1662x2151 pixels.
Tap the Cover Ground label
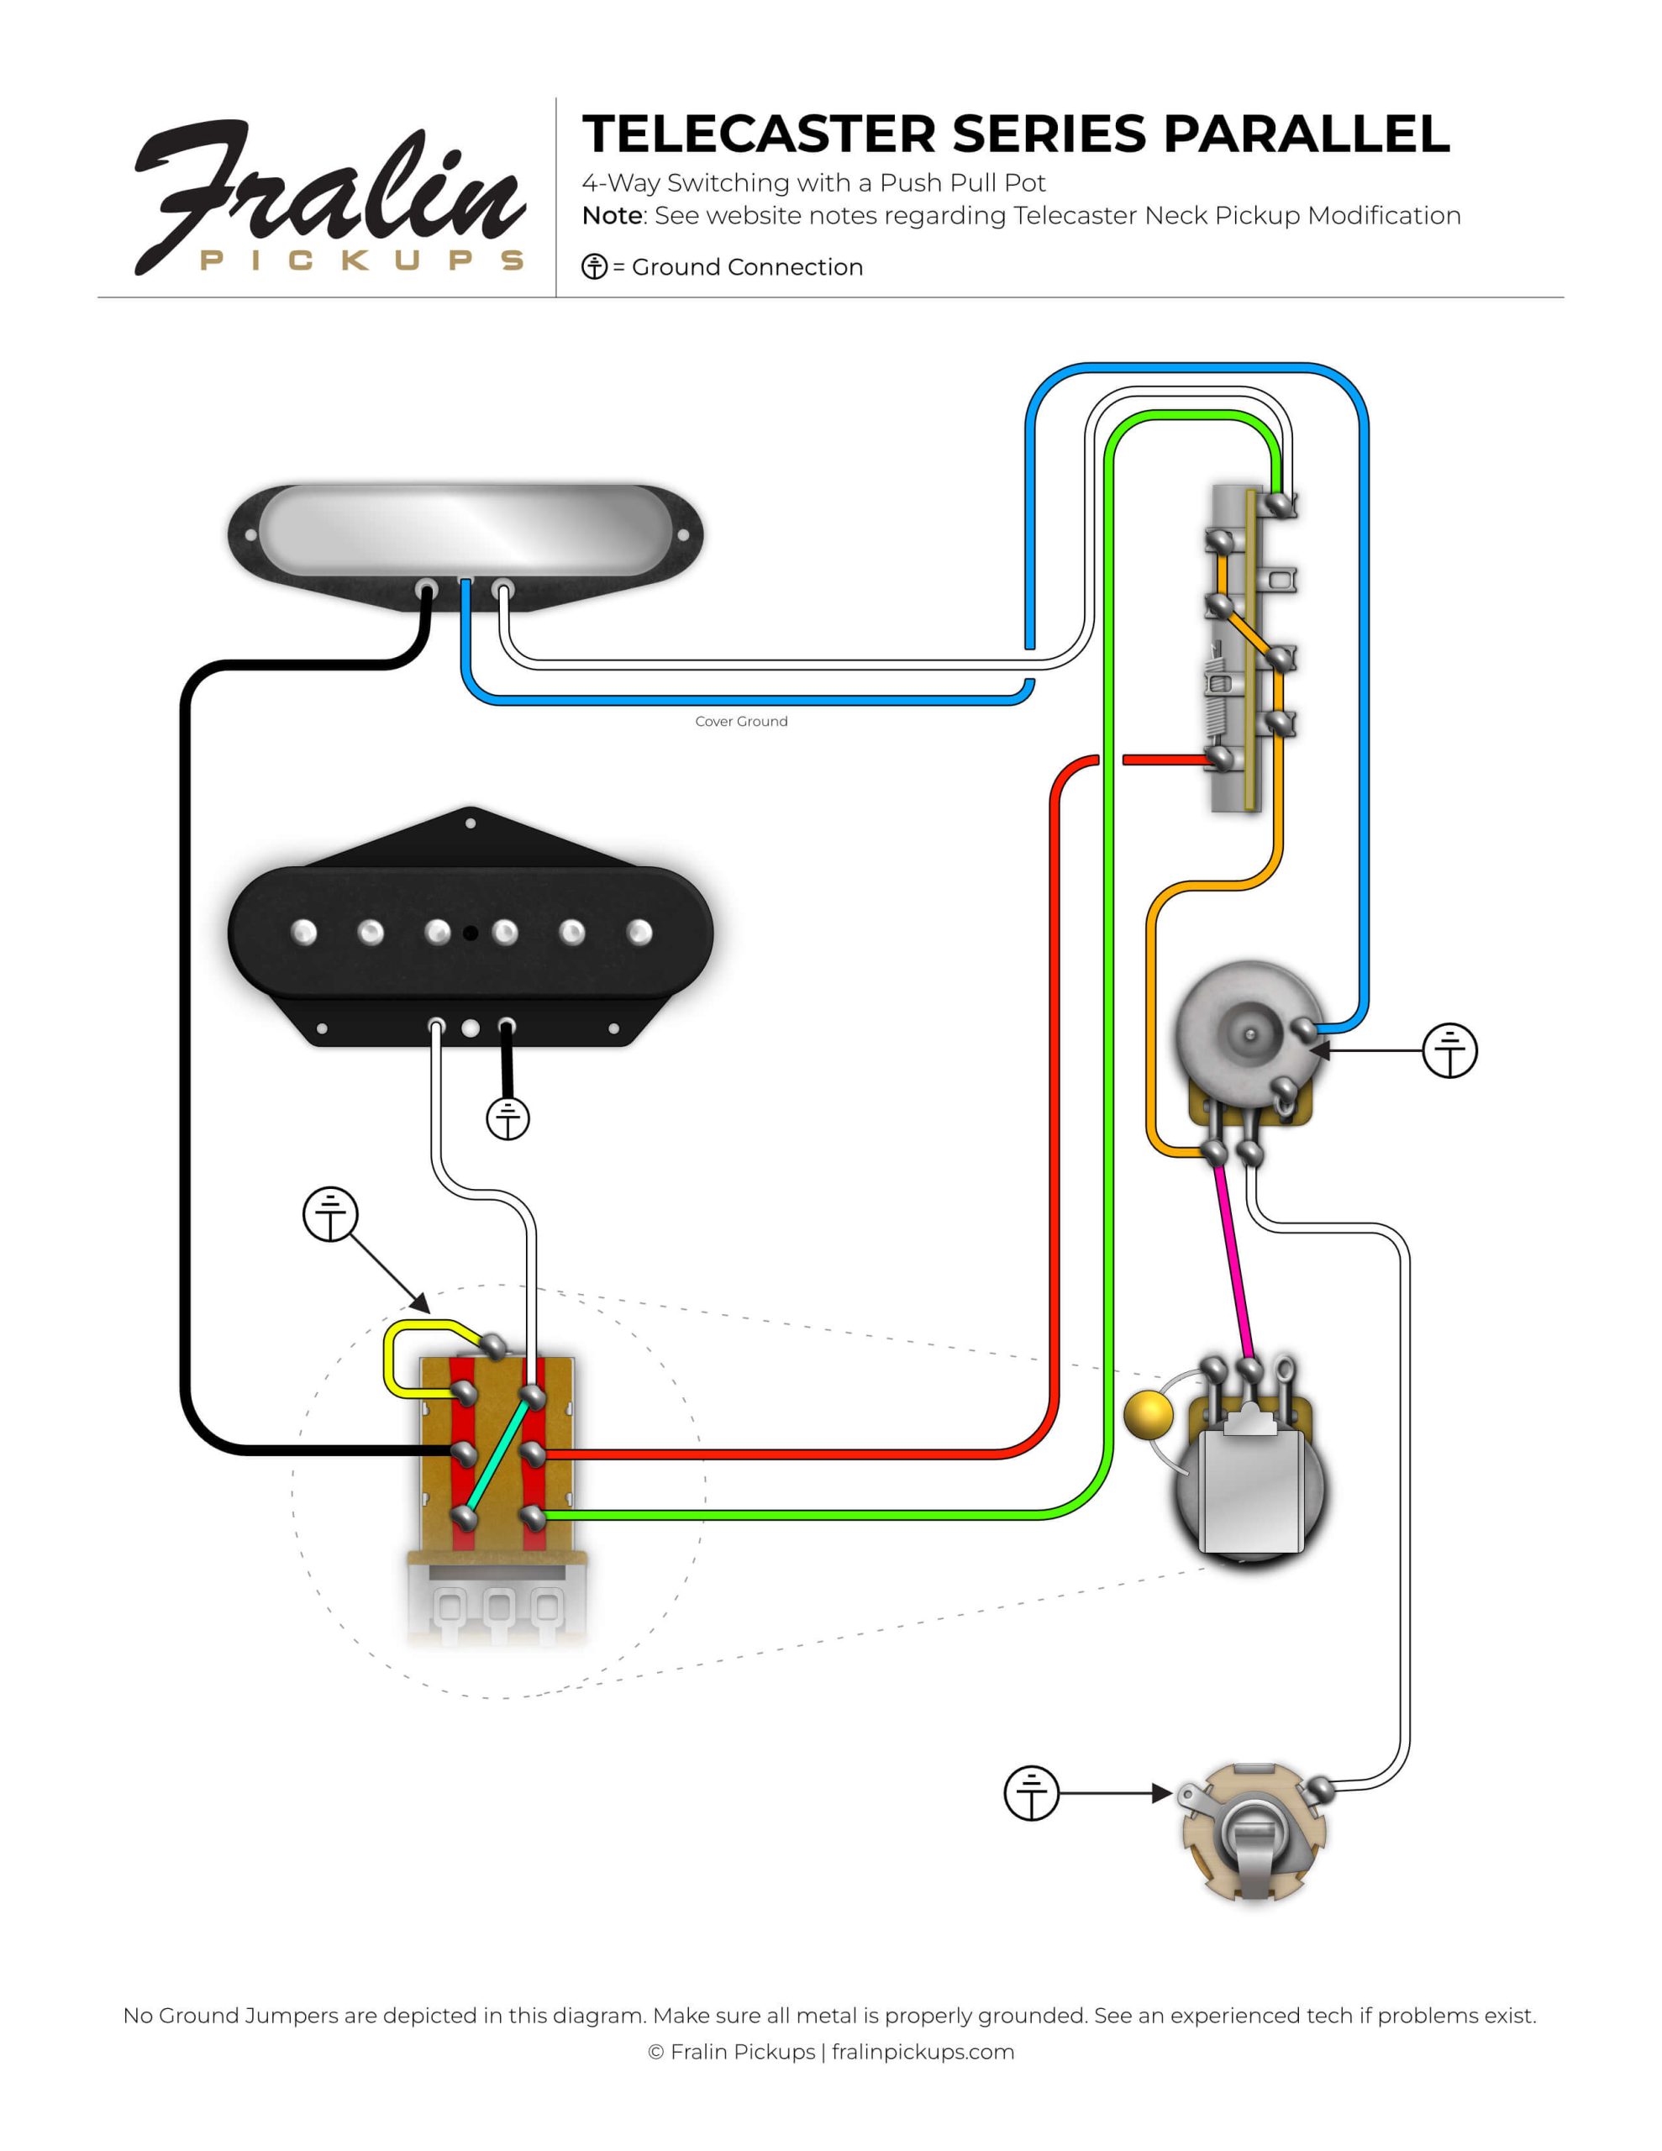coord(741,721)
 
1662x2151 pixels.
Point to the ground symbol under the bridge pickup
coord(508,1118)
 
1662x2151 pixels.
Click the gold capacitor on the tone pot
coord(1148,1414)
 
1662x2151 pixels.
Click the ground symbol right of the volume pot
coord(1449,1050)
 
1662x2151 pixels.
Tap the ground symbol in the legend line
coord(594,267)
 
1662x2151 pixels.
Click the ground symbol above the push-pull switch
coord(330,1214)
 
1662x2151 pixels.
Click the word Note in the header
coord(611,216)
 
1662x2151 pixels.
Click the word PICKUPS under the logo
coord(361,260)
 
